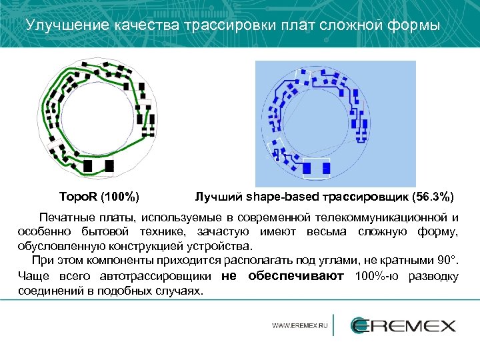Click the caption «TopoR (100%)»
point(99,197)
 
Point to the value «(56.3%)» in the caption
point(433,197)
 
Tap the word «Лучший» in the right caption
point(219,197)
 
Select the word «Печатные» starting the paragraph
point(65,217)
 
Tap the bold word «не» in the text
point(228,275)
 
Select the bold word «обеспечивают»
point(295,275)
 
